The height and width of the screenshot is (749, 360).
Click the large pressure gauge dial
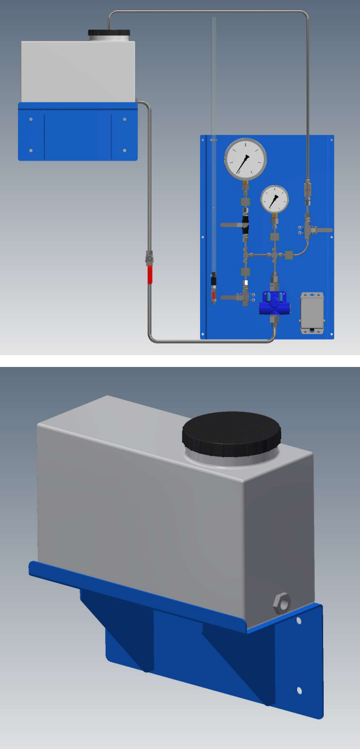tap(245, 158)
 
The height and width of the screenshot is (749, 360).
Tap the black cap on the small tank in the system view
tap(109, 32)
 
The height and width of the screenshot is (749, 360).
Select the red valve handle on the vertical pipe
tap(150, 274)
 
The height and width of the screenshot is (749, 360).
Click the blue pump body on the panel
tap(274, 305)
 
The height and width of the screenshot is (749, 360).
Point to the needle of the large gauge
tap(243, 163)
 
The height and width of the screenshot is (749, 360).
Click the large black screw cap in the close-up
tap(231, 434)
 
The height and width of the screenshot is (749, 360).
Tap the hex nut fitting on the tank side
tap(281, 603)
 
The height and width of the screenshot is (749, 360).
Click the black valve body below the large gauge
tap(245, 223)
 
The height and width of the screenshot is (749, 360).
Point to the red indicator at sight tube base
tap(213, 294)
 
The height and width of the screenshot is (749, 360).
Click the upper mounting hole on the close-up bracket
tap(299, 621)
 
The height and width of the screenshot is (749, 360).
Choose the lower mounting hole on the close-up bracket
tap(300, 690)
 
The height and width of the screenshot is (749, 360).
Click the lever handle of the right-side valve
tap(324, 230)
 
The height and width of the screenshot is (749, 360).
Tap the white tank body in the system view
tap(78, 72)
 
